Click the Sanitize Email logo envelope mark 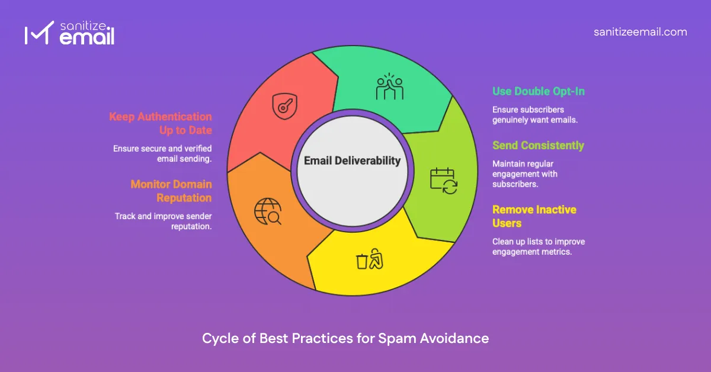[x=35, y=35]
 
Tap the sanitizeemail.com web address [x=640, y=32]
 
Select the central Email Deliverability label [x=352, y=161]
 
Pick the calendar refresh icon [x=443, y=181]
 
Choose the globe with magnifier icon [x=267, y=211]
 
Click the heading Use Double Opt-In [x=539, y=92]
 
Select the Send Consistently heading [x=538, y=146]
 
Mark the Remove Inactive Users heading [x=534, y=216]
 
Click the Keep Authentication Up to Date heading [x=161, y=123]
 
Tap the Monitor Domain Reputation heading [x=171, y=191]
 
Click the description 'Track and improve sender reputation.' [x=164, y=221]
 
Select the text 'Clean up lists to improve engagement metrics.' [x=539, y=246]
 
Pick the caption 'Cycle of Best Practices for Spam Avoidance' [x=345, y=338]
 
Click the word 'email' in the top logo [x=87, y=39]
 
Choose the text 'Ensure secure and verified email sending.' [x=163, y=153]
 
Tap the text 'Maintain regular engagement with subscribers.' [x=525, y=174]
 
